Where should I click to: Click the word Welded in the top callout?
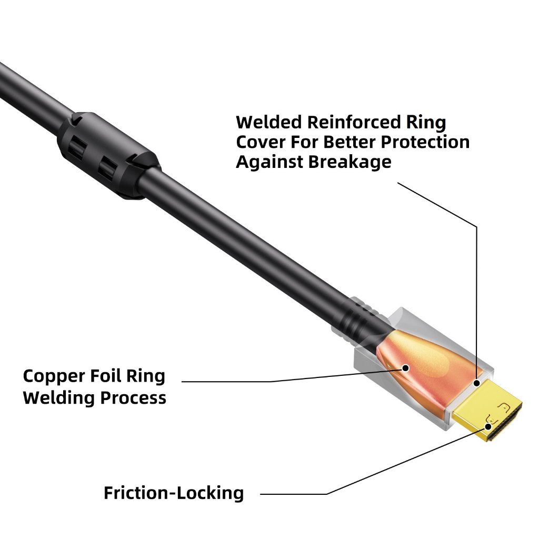269,123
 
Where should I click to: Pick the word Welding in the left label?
59,398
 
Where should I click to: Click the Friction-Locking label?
174,494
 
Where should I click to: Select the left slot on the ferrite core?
78,149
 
